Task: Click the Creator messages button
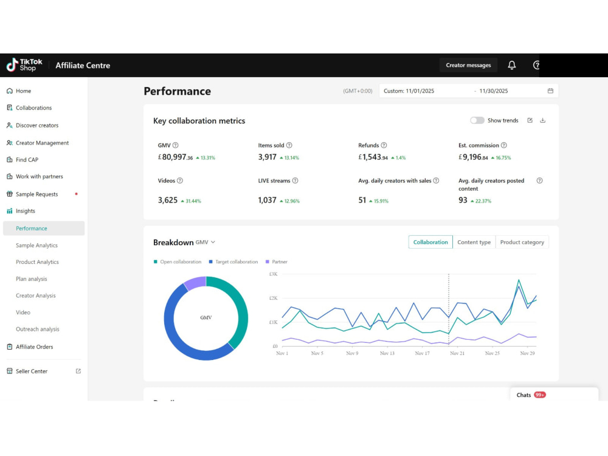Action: [468, 65]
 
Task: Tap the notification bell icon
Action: [512, 65]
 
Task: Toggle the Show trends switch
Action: [477, 120]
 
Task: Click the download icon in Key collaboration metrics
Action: [542, 120]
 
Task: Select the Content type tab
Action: [474, 243]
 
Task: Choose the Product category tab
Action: [522, 243]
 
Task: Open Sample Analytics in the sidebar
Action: [37, 246]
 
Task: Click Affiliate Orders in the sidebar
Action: [34, 347]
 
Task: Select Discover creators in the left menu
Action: [37, 125]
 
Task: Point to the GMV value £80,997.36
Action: [175, 157]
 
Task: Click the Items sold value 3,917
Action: [267, 157]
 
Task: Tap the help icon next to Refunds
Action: [384, 145]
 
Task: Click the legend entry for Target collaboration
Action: [233, 261]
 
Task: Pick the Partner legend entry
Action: [277, 261]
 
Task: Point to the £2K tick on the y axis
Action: [274, 298]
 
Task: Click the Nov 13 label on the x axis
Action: [387, 353]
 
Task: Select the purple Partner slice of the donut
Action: [195, 283]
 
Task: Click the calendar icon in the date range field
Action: [550, 91]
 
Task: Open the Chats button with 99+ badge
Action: [531, 395]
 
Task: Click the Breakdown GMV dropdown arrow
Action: [213, 243]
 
